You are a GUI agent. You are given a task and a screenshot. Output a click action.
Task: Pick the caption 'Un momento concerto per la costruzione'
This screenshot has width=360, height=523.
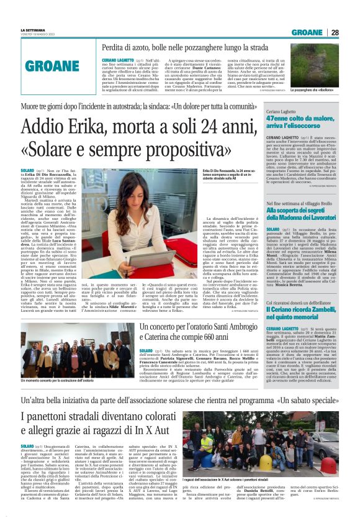click(x=59, y=379)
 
